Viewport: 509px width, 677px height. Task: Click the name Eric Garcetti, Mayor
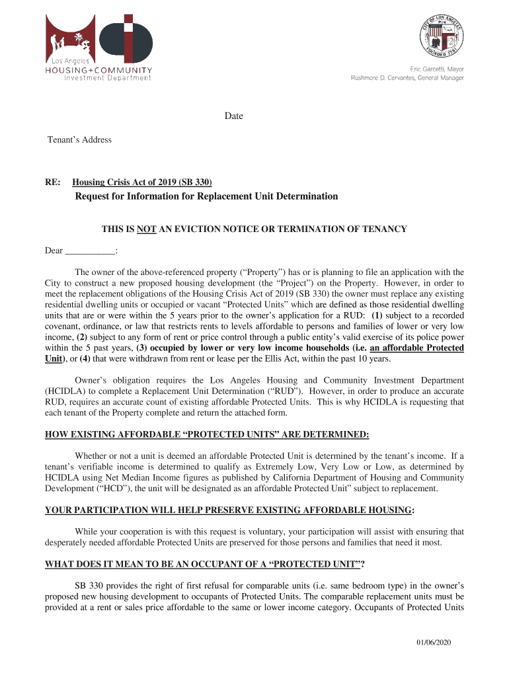point(437,69)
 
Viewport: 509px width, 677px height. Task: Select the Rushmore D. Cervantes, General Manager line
point(407,78)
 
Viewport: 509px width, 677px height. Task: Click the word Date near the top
point(233,116)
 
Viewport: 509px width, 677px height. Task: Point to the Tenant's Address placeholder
point(79,139)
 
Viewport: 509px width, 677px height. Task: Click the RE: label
point(53,182)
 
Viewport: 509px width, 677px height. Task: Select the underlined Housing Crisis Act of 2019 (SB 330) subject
point(142,182)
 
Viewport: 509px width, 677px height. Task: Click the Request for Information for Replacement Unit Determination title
point(206,196)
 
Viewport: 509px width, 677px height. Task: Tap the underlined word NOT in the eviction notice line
point(145,229)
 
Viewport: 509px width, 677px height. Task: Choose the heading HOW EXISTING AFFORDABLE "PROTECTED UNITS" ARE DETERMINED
point(207,434)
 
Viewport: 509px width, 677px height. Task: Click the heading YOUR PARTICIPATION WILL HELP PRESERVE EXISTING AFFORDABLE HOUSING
point(229,510)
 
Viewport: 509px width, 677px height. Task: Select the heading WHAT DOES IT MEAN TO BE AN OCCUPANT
point(205,564)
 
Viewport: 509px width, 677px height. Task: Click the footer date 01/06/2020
point(433,643)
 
